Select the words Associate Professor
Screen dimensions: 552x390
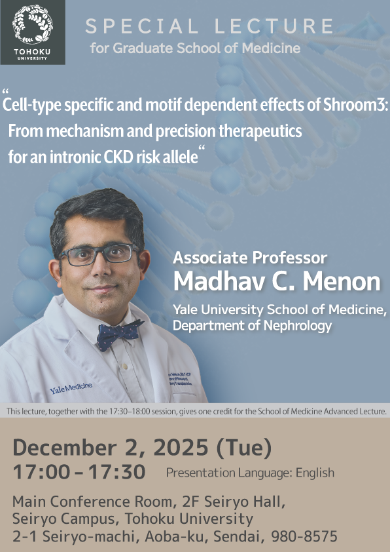(249, 258)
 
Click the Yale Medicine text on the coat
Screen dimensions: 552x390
(71, 389)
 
